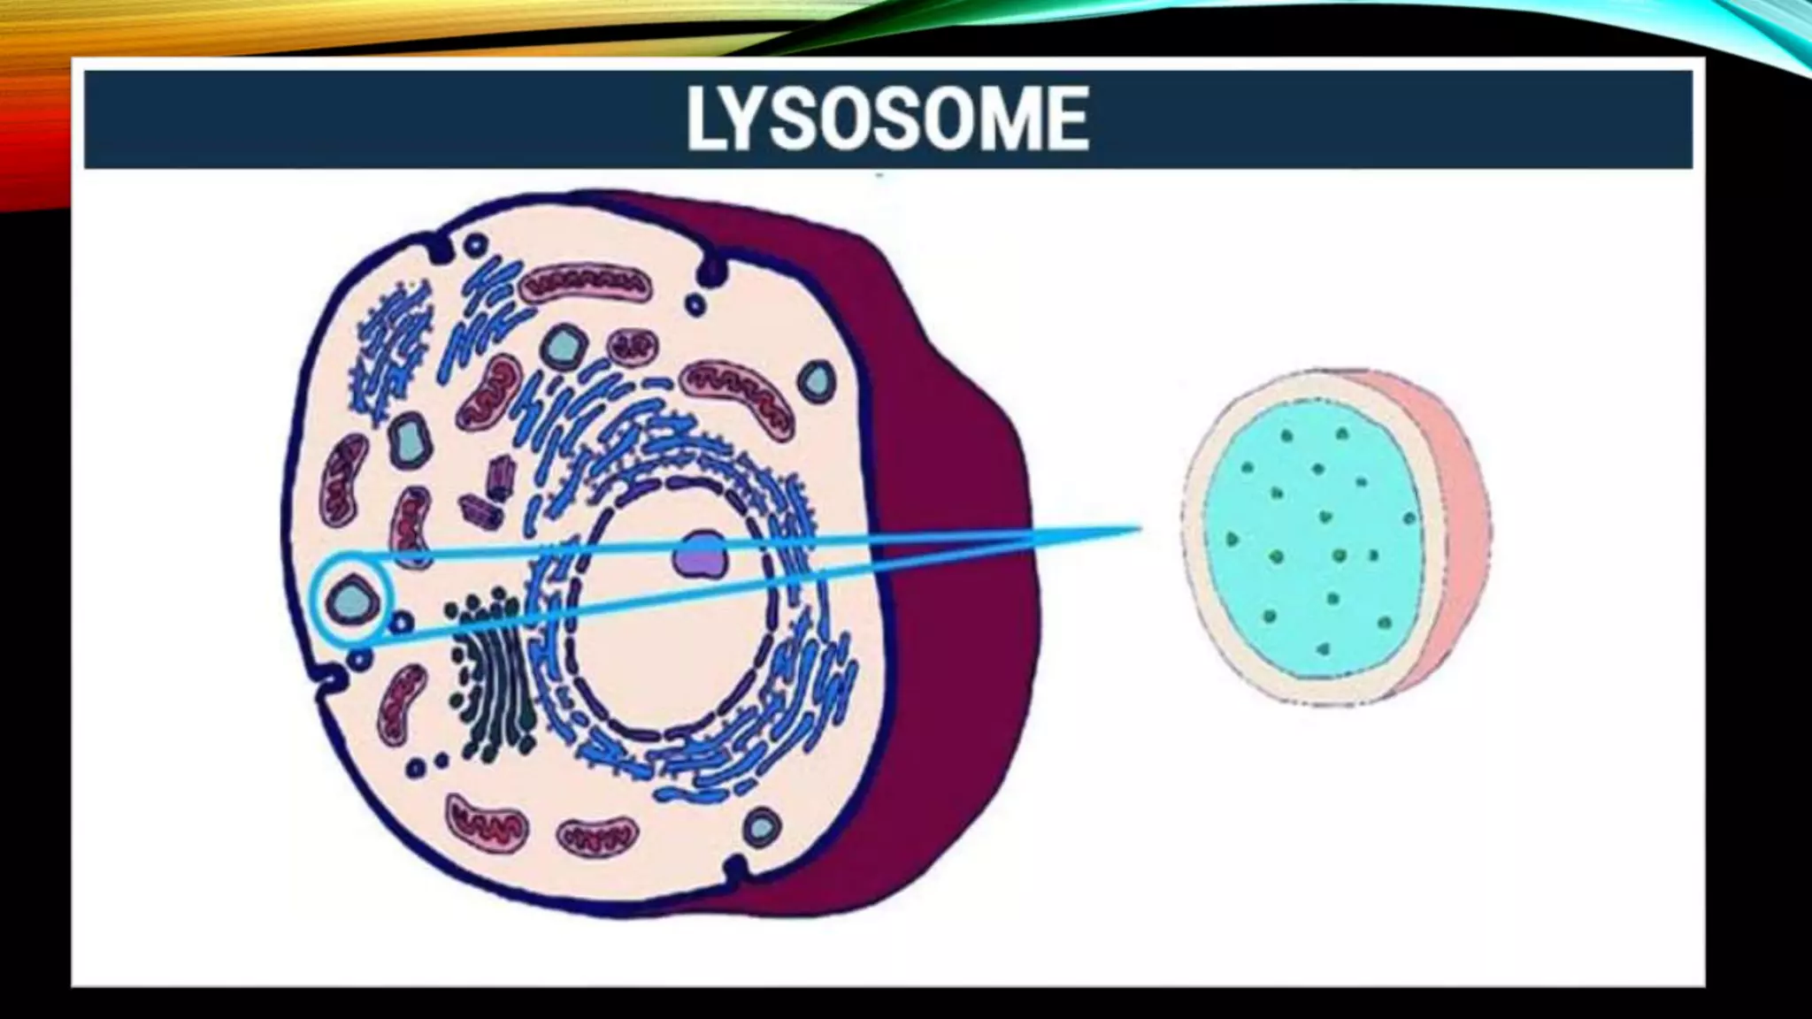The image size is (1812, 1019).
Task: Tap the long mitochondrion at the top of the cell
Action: [x=584, y=284]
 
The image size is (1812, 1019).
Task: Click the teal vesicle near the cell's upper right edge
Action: [x=816, y=380]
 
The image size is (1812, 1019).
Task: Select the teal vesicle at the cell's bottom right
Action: [x=761, y=828]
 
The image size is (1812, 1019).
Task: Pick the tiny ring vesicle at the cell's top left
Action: [x=476, y=245]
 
